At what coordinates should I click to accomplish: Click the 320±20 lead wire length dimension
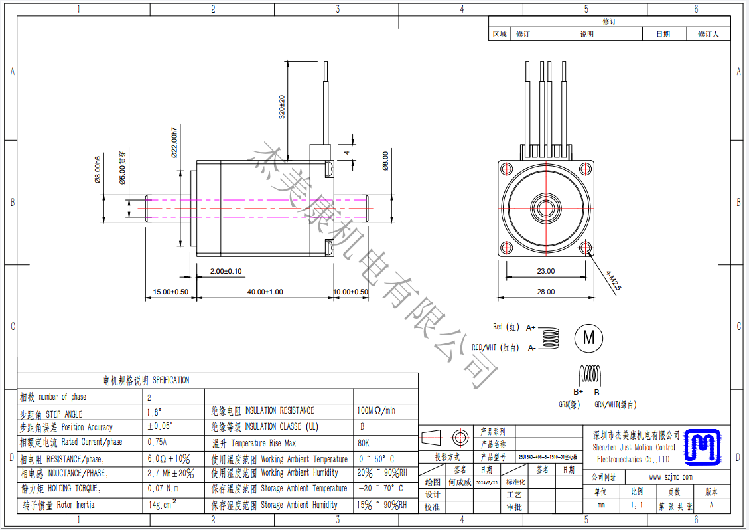coord(282,107)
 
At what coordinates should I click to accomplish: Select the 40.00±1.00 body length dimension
coord(265,292)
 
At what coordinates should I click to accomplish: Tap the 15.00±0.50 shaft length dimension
coord(170,292)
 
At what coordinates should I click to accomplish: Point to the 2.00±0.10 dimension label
coord(226,271)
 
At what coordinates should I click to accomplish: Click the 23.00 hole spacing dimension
coord(546,271)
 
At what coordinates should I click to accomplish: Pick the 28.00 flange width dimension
coord(546,292)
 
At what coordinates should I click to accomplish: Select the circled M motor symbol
coord(588,337)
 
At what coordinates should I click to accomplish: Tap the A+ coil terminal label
coord(531,328)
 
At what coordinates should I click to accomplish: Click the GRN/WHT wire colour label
coord(615,404)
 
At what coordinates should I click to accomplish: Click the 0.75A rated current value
coord(157,442)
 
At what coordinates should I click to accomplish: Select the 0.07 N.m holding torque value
coord(163,489)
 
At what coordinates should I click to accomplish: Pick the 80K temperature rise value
coord(364,443)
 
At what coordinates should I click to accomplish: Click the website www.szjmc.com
coord(670,477)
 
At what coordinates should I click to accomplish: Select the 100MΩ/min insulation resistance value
coord(376,411)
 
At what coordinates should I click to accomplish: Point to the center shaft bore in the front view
coord(546,208)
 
